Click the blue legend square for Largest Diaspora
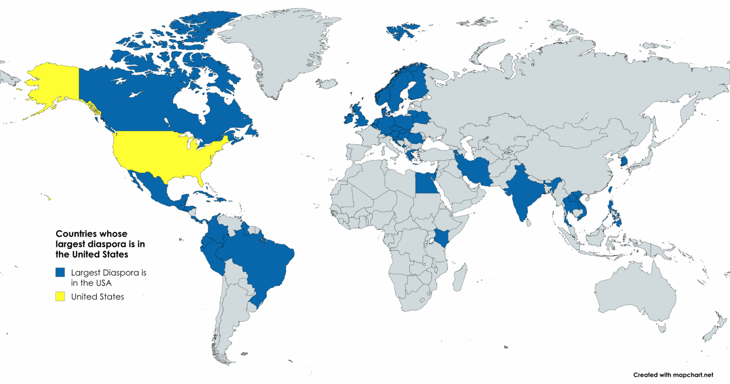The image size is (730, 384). pos(60,272)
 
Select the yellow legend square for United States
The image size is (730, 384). pos(60,296)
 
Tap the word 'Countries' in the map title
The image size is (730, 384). pos(74,234)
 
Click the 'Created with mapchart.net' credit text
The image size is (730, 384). pos(673,375)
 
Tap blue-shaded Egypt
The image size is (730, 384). pos(426,183)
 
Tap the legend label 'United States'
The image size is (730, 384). pos(97,297)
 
